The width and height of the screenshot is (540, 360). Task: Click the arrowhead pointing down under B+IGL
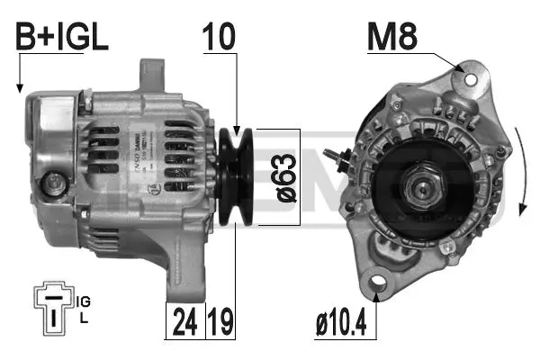click(x=18, y=89)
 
